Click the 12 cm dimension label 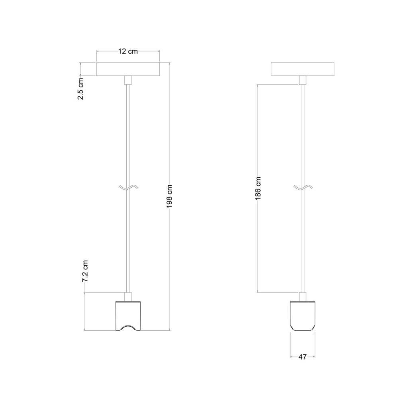[128, 51]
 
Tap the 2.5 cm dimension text [80, 89]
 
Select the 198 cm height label [169, 196]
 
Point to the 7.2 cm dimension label [85, 271]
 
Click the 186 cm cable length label [258, 188]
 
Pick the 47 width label [302, 357]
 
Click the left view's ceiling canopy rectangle [128, 69]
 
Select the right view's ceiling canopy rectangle [303, 69]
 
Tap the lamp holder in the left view [128, 316]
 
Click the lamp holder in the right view [303, 316]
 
